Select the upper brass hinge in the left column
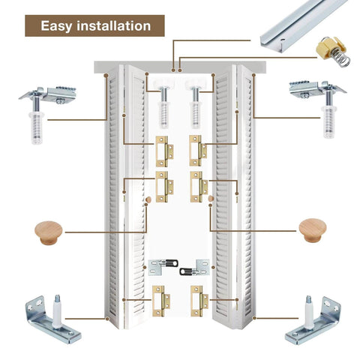tap(163, 150)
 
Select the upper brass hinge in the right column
tap(198, 150)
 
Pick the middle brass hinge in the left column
tap(163, 186)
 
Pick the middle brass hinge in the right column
tap(198, 186)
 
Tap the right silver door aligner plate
tap(198, 266)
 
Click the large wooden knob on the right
tap(313, 229)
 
